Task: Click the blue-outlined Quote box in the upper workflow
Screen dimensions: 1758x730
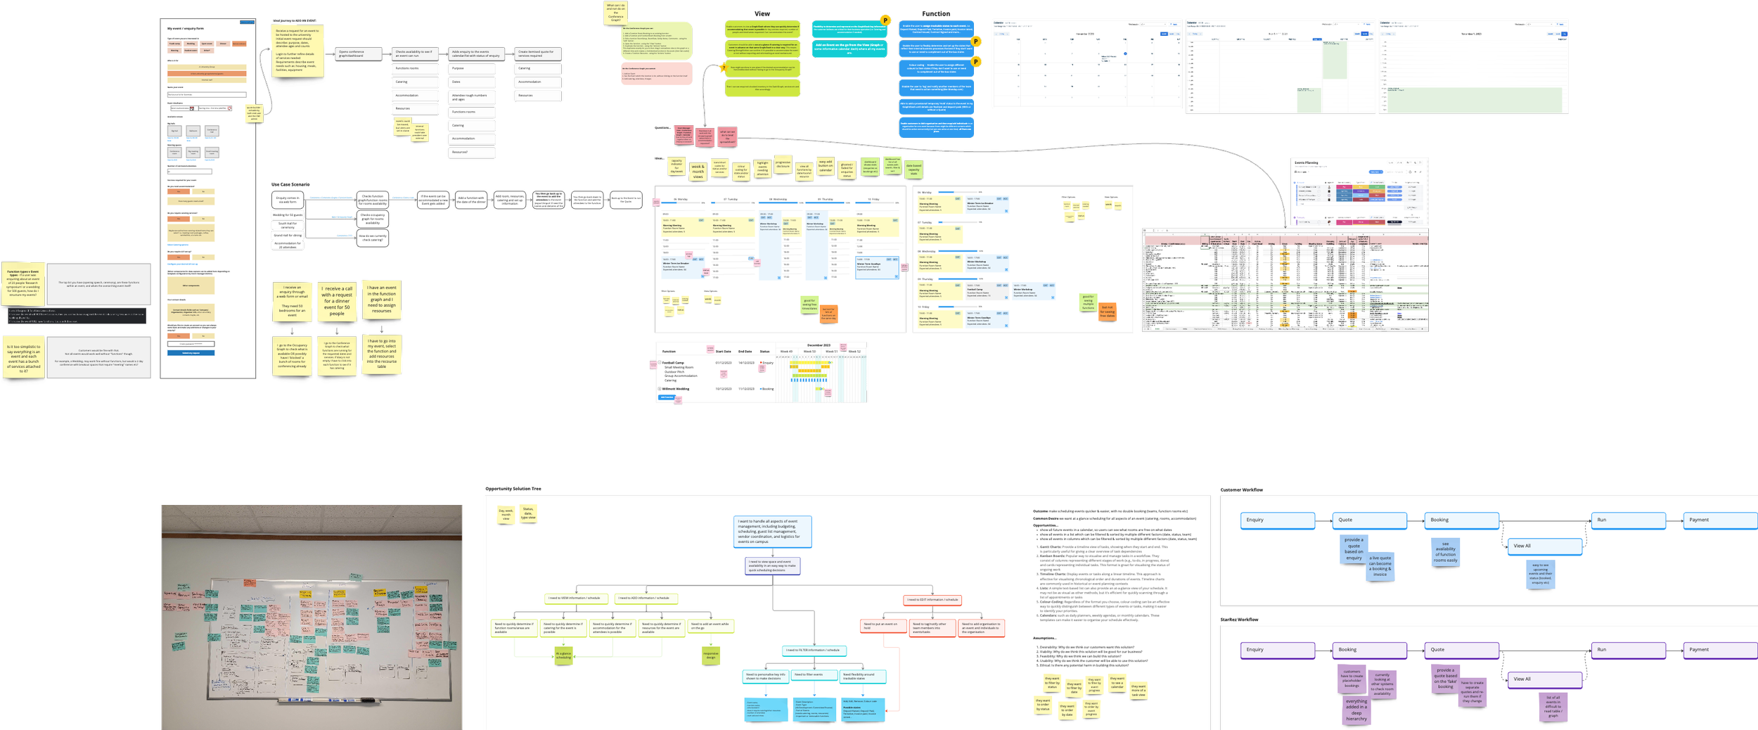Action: [1368, 520]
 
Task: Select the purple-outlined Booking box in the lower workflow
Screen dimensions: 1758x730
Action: [1368, 650]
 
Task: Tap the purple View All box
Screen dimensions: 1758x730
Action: [1544, 679]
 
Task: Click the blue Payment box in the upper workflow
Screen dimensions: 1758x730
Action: [1719, 520]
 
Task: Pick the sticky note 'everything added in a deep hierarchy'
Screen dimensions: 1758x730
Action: [1356, 710]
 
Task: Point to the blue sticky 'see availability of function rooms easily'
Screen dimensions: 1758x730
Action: [1445, 551]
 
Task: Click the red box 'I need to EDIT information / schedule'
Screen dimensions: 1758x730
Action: [932, 600]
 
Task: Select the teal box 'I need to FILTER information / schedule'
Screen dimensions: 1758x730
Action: [814, 651]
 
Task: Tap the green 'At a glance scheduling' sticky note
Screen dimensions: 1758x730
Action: [563, 655]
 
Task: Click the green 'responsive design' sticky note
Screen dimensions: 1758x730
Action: [711, 655]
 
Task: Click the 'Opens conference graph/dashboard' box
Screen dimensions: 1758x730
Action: [359, 53]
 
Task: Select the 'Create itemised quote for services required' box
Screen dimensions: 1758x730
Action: [538, 53]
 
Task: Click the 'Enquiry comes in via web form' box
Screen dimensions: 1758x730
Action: [287, 200]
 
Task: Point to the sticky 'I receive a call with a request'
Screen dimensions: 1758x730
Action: [337, 300]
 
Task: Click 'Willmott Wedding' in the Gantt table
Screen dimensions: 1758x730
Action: [676, 389]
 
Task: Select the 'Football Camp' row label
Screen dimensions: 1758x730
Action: [673, 363]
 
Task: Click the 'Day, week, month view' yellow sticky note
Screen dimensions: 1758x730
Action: [506, 515]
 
